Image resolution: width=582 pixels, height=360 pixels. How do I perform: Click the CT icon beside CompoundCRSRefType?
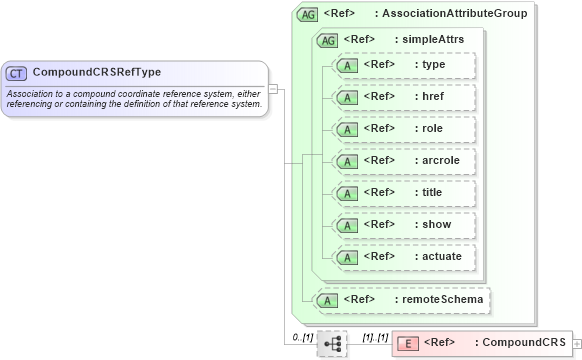[17, 73]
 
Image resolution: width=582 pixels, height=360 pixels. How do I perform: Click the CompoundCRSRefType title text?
[97, 72]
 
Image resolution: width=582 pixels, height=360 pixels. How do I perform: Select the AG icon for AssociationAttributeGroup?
[309, 16]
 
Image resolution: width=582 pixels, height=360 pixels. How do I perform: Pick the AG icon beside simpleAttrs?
[328, 40]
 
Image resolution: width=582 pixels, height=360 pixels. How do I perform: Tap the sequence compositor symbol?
[332, 344]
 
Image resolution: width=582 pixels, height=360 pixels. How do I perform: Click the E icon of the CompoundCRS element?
[409, 343]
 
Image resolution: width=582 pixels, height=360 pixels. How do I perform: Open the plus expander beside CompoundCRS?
[576, 343]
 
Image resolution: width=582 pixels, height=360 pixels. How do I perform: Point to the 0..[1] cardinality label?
[303, 337]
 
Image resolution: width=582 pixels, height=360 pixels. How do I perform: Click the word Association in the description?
[32, 93]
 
